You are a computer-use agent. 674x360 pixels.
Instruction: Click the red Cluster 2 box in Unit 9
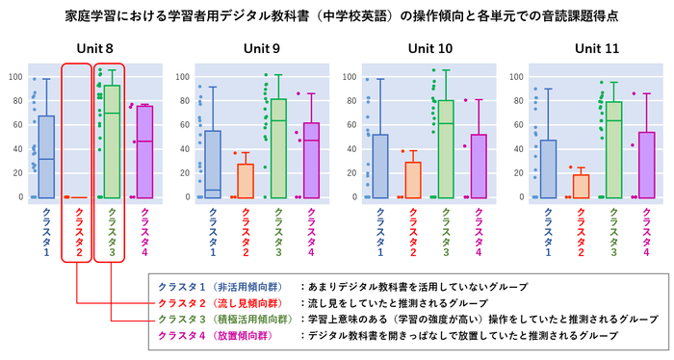[x=245, y=181]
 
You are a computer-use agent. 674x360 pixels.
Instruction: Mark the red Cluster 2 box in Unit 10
[x=411, y=180]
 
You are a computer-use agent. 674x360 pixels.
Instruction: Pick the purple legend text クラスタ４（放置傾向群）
[x=218, y=335]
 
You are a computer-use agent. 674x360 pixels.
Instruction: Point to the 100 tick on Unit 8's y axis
[x=15, y=77]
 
